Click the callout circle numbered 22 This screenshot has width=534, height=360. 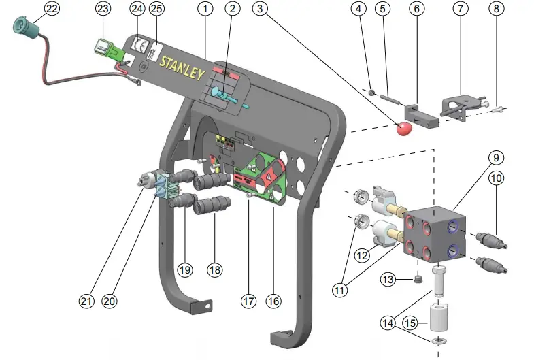51,9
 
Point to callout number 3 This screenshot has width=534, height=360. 259,9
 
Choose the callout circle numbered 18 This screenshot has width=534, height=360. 215,269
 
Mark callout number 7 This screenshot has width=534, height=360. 462,9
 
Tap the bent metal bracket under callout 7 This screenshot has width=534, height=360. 463,103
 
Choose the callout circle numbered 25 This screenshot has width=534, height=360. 156,9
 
